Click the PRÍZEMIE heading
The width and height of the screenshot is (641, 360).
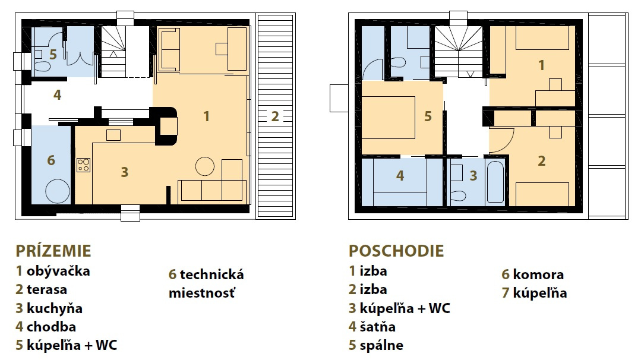point(53,251)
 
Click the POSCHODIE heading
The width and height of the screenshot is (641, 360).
point(396,251)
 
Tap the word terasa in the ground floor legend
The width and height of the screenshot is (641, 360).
point(46,289)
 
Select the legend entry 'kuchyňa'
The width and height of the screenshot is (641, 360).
point(55,308)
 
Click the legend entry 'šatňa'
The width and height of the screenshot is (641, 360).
point(377,327)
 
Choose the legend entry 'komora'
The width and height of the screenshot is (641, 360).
point(538,274)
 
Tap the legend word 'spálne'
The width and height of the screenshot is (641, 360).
point(381,346)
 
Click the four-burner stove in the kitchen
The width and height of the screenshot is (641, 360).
point(83,165)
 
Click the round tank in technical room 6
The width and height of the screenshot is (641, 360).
point(58,191)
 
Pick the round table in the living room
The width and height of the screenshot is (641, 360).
point(205,166)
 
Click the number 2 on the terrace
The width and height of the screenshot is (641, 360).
point(275,116)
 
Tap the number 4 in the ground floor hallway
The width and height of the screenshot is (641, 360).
point(57,95)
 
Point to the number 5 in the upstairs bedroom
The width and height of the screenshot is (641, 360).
point(428,116)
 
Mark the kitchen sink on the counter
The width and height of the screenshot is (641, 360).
point(113,135)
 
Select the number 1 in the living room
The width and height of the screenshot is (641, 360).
point(207,116)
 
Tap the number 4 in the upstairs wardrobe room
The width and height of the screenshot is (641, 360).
point(400,176)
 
